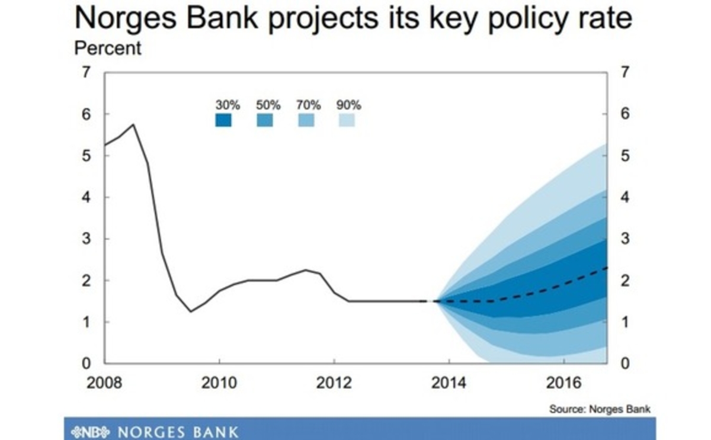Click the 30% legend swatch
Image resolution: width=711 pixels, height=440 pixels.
click(x=223, y=120)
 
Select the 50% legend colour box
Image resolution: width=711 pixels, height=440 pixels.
click(x=264, y=120)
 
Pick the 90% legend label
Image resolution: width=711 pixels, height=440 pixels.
click(x=348, y=105)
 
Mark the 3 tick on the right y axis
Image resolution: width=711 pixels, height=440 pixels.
click(x=624, y=239)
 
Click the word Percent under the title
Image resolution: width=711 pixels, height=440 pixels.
click(x=108, y=49)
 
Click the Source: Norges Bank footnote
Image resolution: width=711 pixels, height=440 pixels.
click(x=600, y=409)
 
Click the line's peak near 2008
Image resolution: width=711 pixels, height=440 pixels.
click(x=133, y=124)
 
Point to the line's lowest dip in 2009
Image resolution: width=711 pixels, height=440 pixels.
click(x=191, y=311)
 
